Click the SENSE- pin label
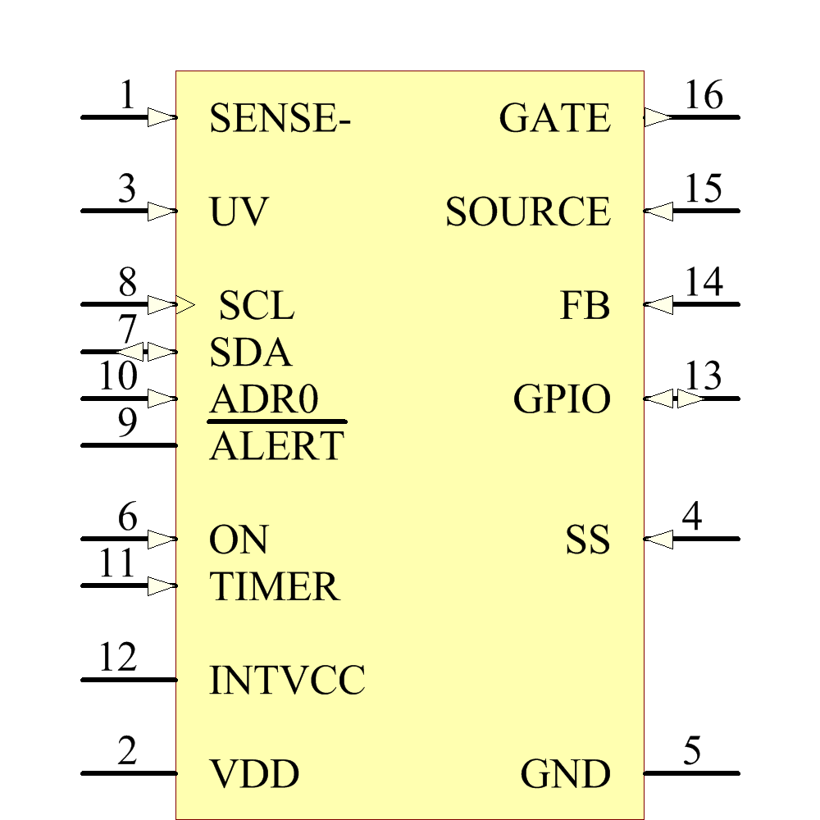(280, 119)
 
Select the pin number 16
(704, 96)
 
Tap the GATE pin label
(555, 119)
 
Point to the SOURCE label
(528, 212)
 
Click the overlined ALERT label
(276, 447)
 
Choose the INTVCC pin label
(287, 681)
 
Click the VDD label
(254, 774)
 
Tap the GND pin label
(566, 774)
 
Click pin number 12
(117, 658)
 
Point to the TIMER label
(274, 587)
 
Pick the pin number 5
(693, 751)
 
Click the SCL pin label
(257, 307)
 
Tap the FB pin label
(585, 307)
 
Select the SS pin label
(588, 540)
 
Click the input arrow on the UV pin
(162, 212)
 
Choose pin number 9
(127, 423)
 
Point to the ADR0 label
(263, 400)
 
